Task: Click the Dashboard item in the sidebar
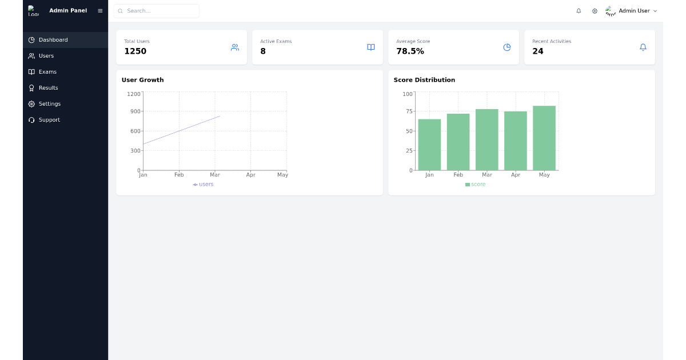[53, 40]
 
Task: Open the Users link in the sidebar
[46, 56]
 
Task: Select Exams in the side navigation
[47, 72]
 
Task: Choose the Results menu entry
[48, 88]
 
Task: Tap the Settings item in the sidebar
[49, 104]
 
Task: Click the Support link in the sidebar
[49, 120]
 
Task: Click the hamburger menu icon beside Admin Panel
[100, 11]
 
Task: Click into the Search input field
[160, 11]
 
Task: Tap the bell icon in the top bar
[579, 11]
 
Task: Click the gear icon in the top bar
[595, 11]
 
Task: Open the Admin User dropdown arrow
[655, 11]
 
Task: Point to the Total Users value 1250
[135, 51]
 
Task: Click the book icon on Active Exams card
[371, 47]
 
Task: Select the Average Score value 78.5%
[410, 51]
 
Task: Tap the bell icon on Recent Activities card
[643, 47]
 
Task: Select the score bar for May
[544, 138]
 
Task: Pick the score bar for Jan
[429, 145]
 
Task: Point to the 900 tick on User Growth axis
[135, 111]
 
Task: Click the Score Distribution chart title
[424, 80]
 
